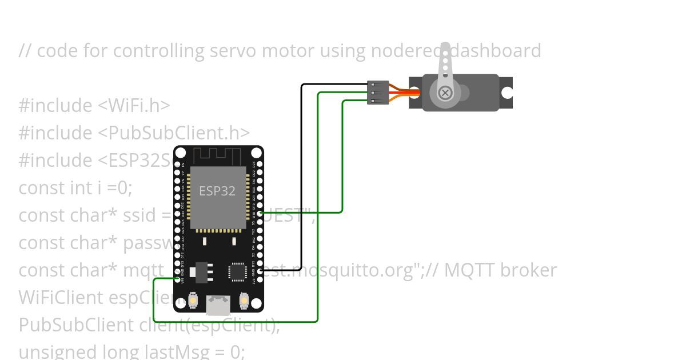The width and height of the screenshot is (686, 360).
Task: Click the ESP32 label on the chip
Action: click(x=217, y=191)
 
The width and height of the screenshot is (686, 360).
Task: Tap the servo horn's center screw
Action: click(x=445, y=93)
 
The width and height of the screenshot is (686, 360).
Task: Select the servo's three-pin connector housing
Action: click(x=378, y=92)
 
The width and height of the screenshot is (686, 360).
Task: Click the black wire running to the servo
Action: click(x=302, y=171)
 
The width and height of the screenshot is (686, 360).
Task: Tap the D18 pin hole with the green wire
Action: click(x=260, y=213)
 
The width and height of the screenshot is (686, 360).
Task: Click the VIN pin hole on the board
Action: click(x=178, y=279)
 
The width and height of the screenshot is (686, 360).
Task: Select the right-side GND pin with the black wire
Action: click(x=260, y=270)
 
